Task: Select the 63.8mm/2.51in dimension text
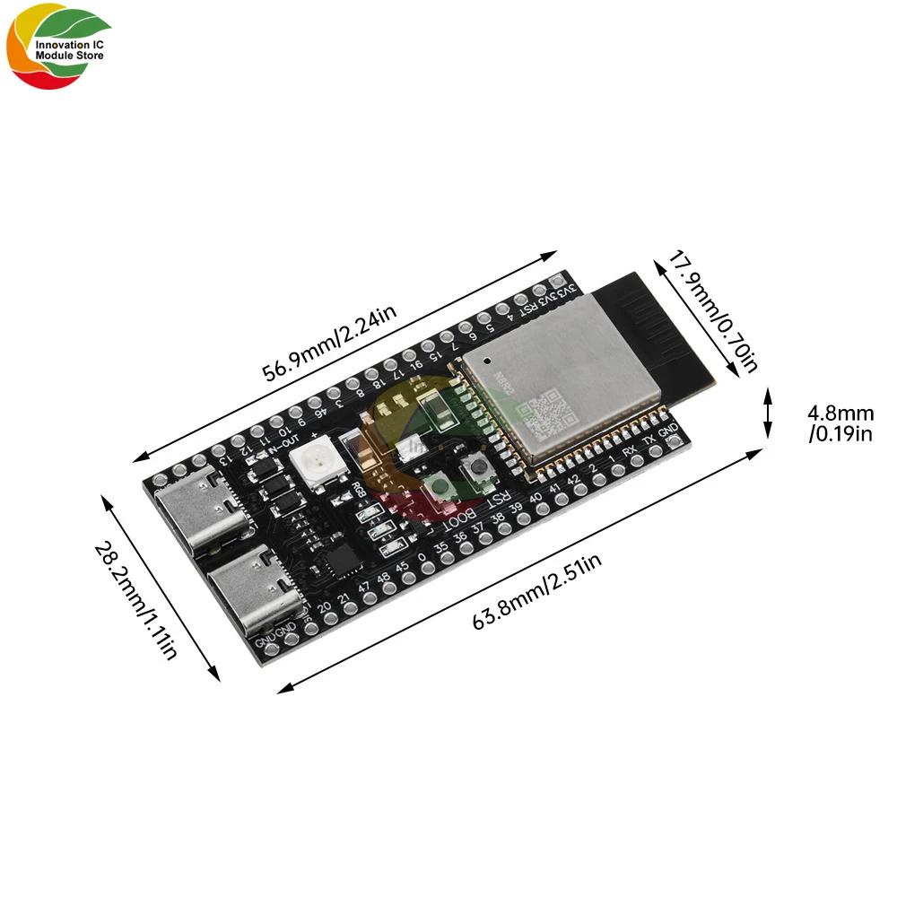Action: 536,592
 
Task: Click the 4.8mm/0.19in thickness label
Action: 840,423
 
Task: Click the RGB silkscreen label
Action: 357,488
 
